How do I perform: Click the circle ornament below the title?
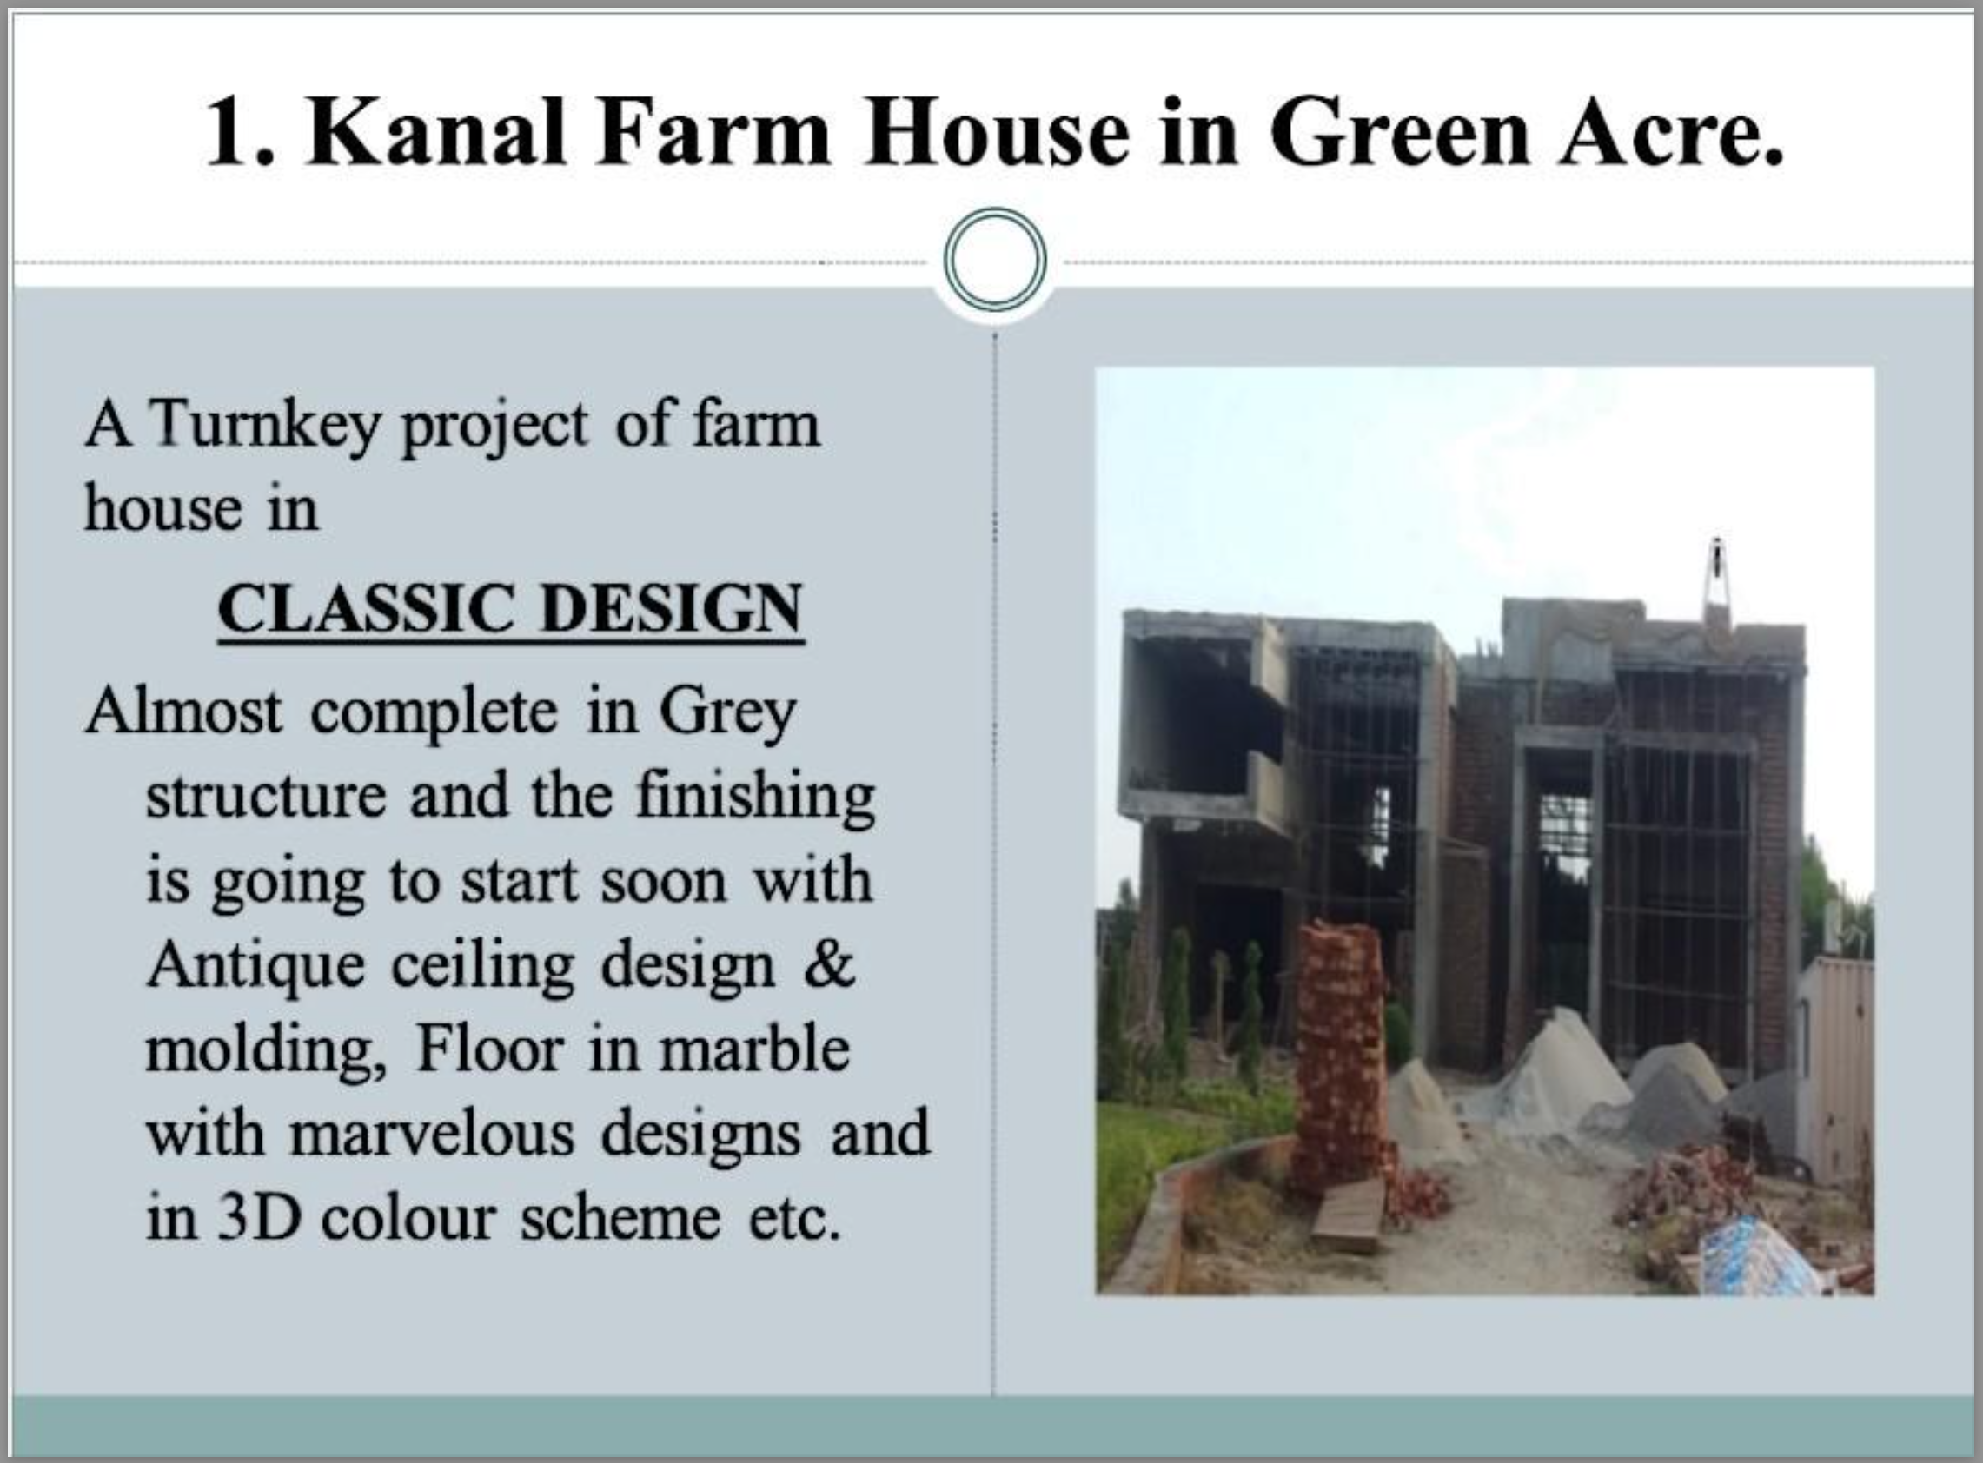(996, 260)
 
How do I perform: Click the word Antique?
(256, 968)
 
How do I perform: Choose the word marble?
(753, 1050)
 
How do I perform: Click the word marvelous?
(432, 1135)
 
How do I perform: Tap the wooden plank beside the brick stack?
(1349, 1215)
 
